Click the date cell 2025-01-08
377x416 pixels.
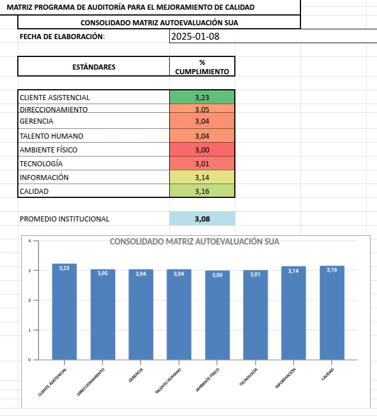(196, 36)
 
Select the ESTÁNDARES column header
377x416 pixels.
(93, 67)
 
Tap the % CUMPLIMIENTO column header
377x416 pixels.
(202, 67)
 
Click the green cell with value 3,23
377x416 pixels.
(202, 97)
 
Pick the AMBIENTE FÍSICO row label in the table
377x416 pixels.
(48, 150)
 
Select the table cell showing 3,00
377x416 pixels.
(202, 150)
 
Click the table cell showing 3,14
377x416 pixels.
(202, 178)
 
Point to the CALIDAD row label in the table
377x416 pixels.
(35, 192)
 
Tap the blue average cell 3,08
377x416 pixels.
(203, 219)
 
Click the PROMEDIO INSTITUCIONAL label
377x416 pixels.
(64, 219)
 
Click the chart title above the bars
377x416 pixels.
(195, 242)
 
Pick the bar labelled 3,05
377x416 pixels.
(102, 315)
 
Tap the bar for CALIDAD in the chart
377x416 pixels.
(332, 313)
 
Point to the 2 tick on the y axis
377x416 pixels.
(29, 300)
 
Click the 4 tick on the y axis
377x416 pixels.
(29, 241)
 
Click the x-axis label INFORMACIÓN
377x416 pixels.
(285, 378)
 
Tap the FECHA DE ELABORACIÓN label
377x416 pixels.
(62, 37)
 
